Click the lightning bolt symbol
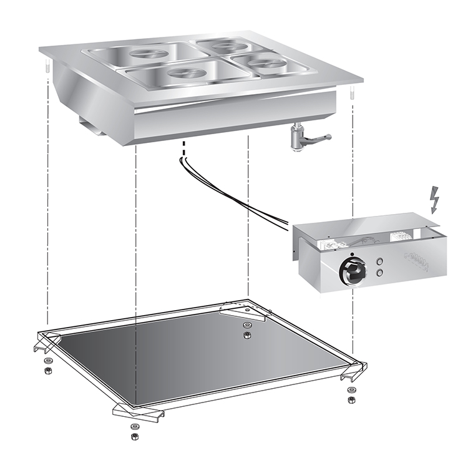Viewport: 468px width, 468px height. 435,201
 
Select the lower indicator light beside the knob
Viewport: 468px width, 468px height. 379,273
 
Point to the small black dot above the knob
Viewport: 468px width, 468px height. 353,255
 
